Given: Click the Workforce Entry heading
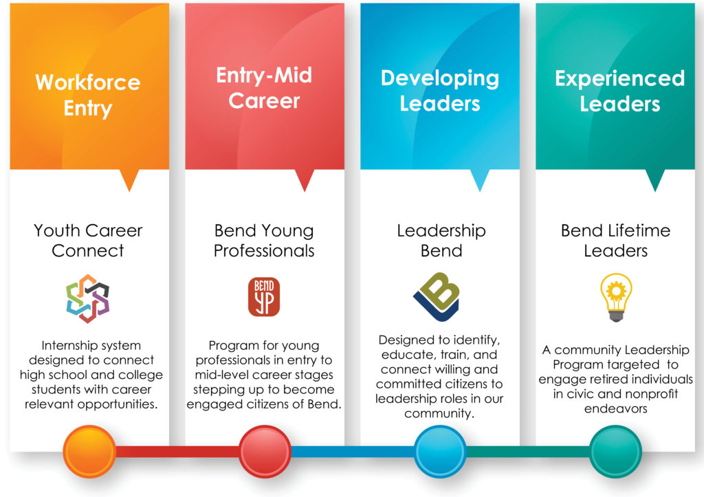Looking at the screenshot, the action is click(88, 95).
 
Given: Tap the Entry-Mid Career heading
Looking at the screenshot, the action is click(264, 88).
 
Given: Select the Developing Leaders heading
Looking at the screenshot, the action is click(440, 91).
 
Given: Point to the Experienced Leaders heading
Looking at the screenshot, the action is click(620, 91).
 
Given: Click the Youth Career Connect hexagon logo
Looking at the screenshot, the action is click(88, 298).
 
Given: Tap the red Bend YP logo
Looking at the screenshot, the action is click(264, 297).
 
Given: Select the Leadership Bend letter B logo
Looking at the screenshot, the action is click(437, 296).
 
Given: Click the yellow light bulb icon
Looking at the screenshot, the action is click(616, 297).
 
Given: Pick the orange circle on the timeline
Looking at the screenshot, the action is click(89, 451).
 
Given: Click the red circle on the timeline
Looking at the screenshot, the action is click(265, 451).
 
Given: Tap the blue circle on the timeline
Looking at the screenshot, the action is click(440, 451).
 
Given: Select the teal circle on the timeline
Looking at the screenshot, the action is click(615, 451).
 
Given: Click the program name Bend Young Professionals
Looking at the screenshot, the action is click(264, 241).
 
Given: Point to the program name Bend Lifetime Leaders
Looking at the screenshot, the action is click(616, 241).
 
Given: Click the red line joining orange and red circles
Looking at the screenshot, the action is click(177, 451).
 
